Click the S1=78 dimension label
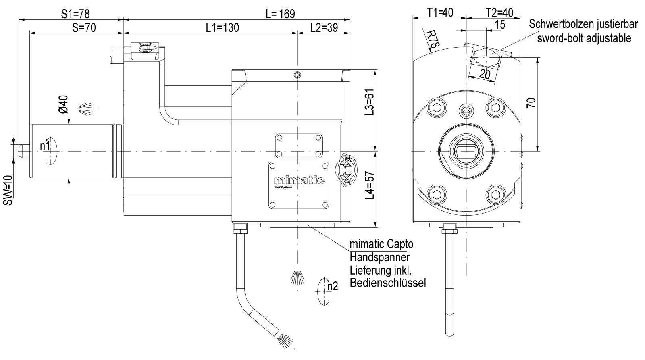(75, 13)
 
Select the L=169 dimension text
(280, 14)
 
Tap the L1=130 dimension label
(222, 27)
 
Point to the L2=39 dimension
(324, 27)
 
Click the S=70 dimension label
(85, 27)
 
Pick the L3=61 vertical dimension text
(369, 102)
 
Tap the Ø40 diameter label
(64, 104)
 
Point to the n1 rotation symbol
(45, 146)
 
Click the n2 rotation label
(332, 286)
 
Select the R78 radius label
(432, 39)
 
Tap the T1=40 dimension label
(440, 13)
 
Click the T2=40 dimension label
(499, 13)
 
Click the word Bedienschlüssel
(388, 282)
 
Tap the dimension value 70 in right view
(532, 103)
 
